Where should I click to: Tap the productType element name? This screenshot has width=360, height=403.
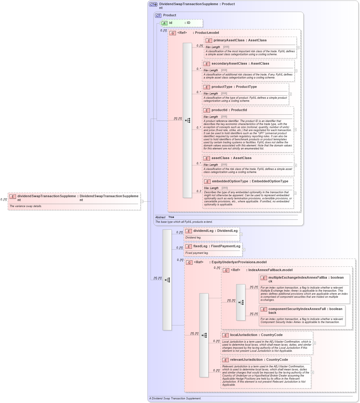pos(222,87)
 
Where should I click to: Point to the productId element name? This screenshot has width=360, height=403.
pos(219,110)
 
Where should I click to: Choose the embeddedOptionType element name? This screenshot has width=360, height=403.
pos(230,181)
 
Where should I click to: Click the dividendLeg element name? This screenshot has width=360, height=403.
pos(203,231)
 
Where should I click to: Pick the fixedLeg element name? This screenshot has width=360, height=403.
pos(200,246)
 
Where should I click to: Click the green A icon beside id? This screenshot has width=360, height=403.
pos(164,23)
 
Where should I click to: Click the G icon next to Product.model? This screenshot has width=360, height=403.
pos(173,33)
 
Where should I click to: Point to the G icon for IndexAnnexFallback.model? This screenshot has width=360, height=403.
pos(226,270)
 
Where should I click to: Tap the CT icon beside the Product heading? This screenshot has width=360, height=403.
pos(158,15)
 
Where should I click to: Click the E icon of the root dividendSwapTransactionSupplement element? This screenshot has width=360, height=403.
pos(13,197)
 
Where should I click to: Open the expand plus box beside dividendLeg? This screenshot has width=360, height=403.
pos(241,234)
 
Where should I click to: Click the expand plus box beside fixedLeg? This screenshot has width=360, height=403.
pos(244,250)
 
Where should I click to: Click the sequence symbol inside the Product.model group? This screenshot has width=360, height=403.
pos(188,120)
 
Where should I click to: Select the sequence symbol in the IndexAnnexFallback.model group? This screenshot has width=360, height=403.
pos(241,302)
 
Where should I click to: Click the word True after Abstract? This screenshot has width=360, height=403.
pos(171,217)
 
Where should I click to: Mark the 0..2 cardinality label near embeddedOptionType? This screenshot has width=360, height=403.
pos(199,191)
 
